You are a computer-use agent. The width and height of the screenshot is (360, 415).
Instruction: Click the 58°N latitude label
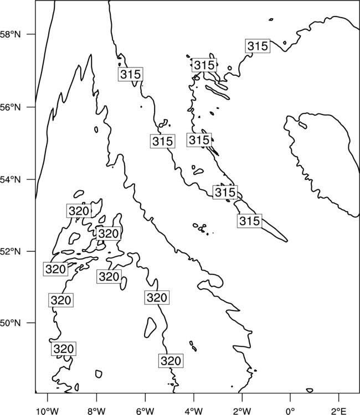[11, 34]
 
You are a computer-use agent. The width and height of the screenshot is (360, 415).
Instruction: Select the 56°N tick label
[11, 107]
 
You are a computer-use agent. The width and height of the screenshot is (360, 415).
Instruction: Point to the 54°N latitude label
[11, 180]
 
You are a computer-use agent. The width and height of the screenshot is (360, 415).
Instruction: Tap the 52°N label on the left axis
[11, 251]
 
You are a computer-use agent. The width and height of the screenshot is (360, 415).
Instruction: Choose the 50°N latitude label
[11, 323]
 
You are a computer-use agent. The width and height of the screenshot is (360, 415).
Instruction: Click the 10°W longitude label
[48, 411]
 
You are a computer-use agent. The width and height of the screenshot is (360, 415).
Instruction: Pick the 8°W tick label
[96, 411]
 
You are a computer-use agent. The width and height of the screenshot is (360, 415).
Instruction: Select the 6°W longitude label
[145, 411]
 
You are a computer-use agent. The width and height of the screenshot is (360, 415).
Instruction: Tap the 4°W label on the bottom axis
[194, 411]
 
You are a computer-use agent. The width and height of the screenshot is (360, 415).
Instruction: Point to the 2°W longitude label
[242, 411]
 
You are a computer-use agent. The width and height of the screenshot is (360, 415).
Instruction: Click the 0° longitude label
[291, 411]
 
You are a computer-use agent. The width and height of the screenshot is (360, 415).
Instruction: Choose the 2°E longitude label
[339, 411]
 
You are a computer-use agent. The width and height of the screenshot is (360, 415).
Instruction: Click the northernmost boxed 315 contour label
[258, 46]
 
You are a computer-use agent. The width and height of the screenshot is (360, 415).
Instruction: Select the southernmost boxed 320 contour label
[171, 360]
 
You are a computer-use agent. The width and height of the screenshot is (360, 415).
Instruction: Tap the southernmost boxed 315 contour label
[250, 221]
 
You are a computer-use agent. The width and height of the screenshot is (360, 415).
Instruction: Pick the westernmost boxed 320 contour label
[55, 269]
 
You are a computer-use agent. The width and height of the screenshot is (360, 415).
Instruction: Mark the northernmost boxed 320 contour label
[79, 211]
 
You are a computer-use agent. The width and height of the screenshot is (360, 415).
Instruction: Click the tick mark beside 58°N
[32, 34]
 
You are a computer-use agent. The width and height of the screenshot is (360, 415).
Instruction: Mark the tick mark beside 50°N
[32, 323]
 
